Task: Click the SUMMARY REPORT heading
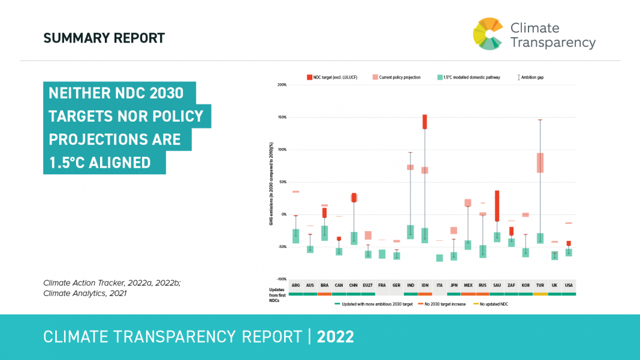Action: (x=104, y=38)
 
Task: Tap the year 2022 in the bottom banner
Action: (x=336, y=337)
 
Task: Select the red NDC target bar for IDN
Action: (x=425, y=122)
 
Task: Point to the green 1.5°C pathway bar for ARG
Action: (x=295, y=236)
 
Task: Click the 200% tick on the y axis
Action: (x=282, y=85)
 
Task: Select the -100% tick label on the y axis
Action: (x=281, y=279)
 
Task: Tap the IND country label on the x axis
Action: (x=410, y=286)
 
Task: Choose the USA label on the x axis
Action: (x=569, y=286)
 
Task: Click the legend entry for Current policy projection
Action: (x=396, y=77)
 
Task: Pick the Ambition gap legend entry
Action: (x=532, y=77)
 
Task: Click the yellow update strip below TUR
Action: (x=540, y=294)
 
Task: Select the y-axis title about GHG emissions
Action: (x=271, y=183)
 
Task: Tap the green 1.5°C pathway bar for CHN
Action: (x=354, y=238)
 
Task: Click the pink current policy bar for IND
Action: (x=410, y=167)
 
